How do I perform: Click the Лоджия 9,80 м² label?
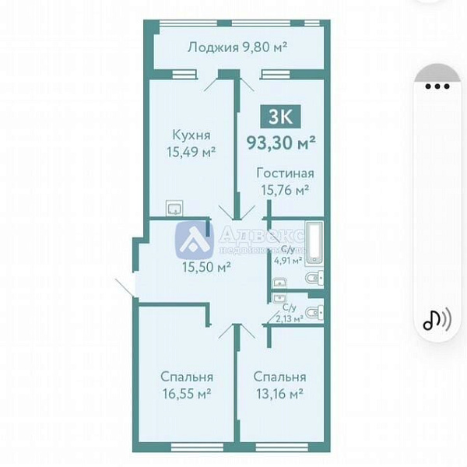tap(237, 47)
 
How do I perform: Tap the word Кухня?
tap(190, 135)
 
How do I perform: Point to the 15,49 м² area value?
tap(190, 152)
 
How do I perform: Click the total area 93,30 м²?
tap(280, 142)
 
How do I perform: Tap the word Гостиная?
tap(285, 173)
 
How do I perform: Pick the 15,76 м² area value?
tap(285, 189)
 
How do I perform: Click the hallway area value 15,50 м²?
tap(205, 267)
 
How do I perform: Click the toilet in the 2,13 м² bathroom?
tap(313, 312)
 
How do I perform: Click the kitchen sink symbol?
tap(175, 209)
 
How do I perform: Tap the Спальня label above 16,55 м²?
tap(188, 377)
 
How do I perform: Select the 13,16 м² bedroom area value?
tap(279, 394)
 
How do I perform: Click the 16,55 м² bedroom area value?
tap(188, 394)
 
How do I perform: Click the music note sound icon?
tap(436, 319)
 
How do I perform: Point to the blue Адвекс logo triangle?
tap(195, 241)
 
